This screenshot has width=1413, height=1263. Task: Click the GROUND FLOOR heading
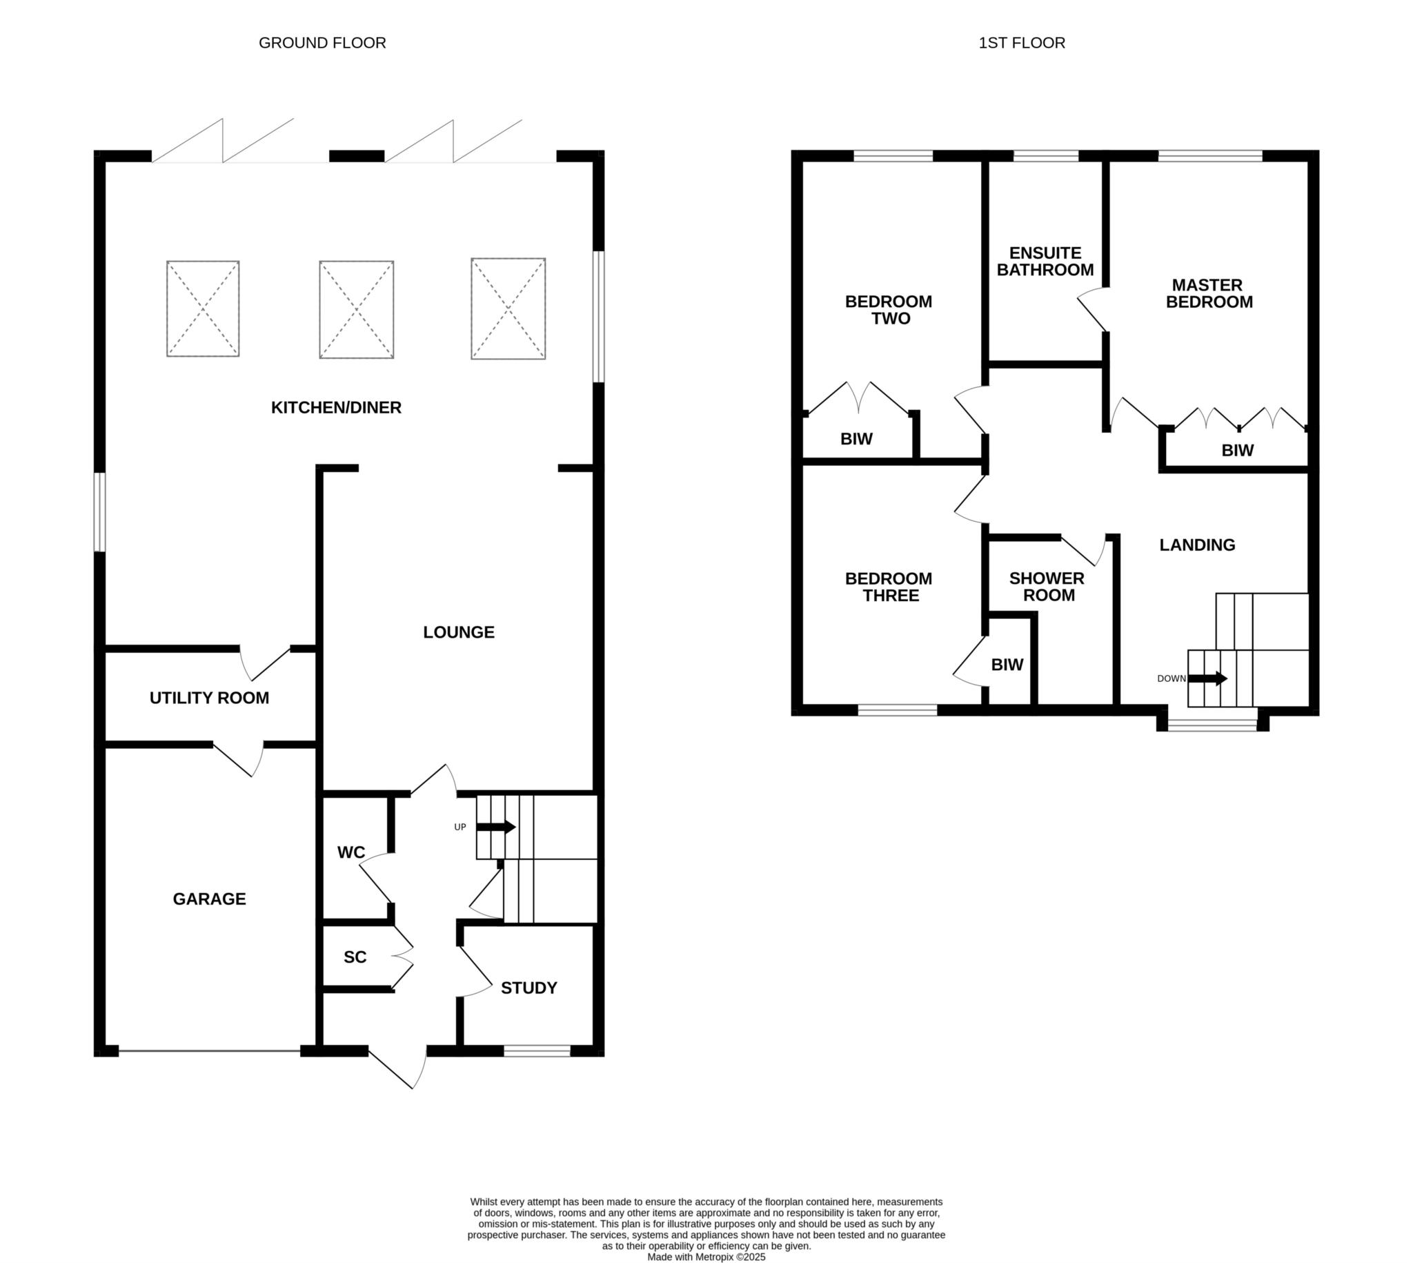tap(322, 43)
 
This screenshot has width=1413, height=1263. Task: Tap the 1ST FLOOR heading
tap(1021, 43)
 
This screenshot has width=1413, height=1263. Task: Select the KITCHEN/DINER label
tap(336, 407)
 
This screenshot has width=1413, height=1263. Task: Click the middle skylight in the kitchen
tap(357, 309)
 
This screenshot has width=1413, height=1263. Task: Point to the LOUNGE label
tap(459, 632)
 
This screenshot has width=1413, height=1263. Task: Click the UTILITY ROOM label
tap(210, 698)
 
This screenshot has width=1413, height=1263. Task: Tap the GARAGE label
tap(210, 899)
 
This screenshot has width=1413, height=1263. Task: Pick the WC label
tap(351, 852)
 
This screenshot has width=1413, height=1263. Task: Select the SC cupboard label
tap(355, 957)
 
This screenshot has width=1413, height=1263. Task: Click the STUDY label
tap(528, 988)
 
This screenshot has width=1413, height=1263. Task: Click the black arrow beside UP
tap(496, 828)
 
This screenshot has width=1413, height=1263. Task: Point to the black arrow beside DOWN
tap(1208, 678)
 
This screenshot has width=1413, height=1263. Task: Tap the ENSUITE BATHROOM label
tap(1045, 262)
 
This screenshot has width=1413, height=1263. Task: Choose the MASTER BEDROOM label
tap(1209, 293)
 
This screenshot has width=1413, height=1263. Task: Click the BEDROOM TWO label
tap(889, 310)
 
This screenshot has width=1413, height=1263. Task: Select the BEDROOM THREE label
tap(889, 587)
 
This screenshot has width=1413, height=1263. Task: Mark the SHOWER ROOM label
tap(1047, 587)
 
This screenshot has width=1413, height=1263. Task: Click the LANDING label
tap(1197, 545)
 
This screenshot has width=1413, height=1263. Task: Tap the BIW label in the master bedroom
tap(1238, 451)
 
